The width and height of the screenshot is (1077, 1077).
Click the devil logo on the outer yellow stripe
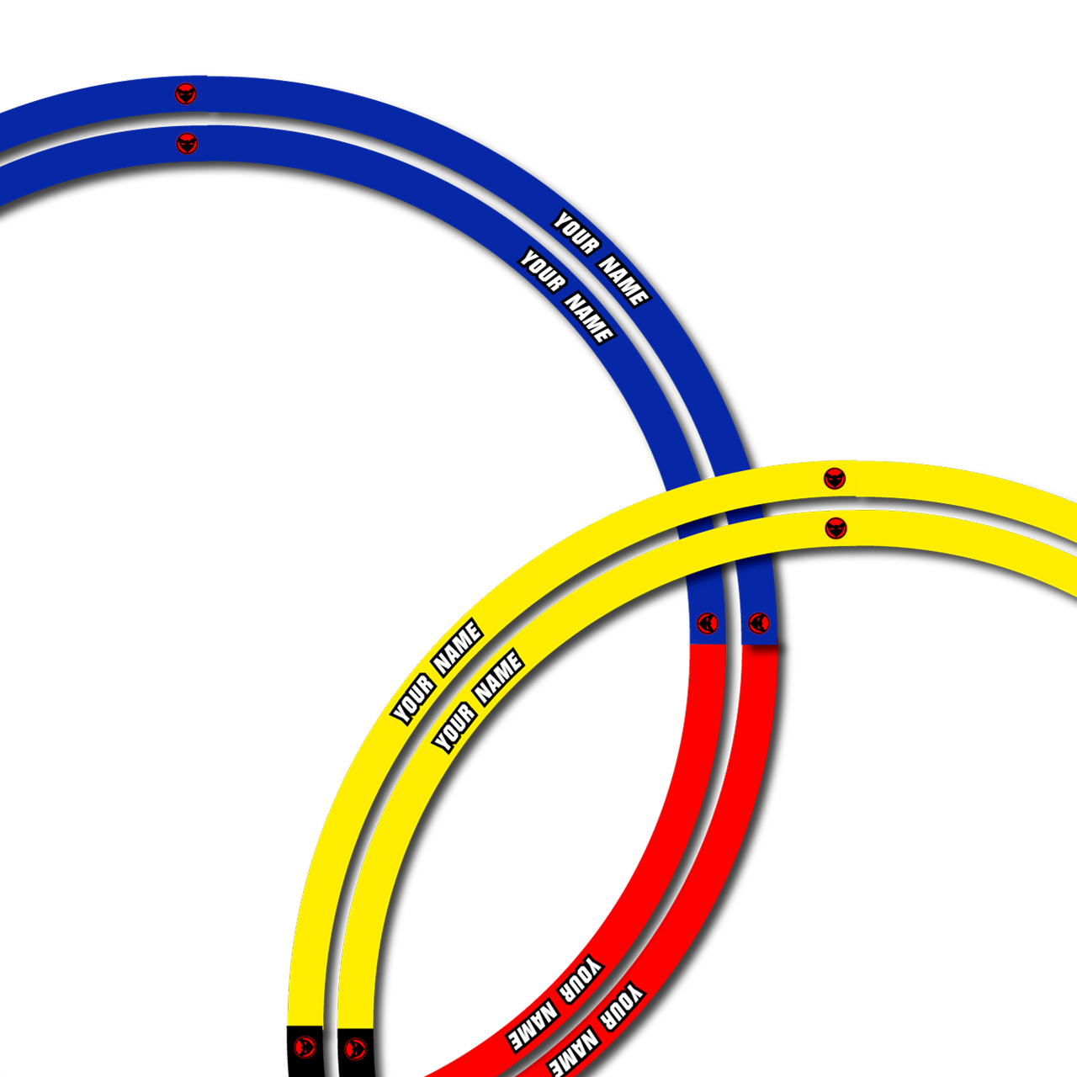(x=835, y=479)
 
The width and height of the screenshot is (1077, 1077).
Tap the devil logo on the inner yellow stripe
(x=836, y=528)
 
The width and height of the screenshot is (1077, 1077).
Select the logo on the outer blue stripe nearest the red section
(x=759, y=623)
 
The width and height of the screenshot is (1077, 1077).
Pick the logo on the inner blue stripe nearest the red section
(x=708, y=623)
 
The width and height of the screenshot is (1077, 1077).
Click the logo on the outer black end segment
(x=305, y=1047)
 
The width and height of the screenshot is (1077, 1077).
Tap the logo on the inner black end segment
(x=355, y=1048)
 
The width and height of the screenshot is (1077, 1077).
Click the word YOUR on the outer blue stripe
(x=576, y=232)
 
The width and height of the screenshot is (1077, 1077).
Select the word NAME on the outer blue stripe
(x=625, y=280)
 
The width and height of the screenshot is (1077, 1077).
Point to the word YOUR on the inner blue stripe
(x=542, y=270)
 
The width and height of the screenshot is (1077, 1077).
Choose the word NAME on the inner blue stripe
(x=590, y=318)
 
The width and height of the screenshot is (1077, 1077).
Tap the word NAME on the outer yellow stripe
(x=457, y=648)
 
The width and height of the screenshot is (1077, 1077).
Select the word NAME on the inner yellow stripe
(x=499, y=676)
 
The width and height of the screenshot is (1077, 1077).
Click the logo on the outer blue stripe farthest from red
(x=186, y=93)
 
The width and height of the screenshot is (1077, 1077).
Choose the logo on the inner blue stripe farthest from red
(x=188, y=144)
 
